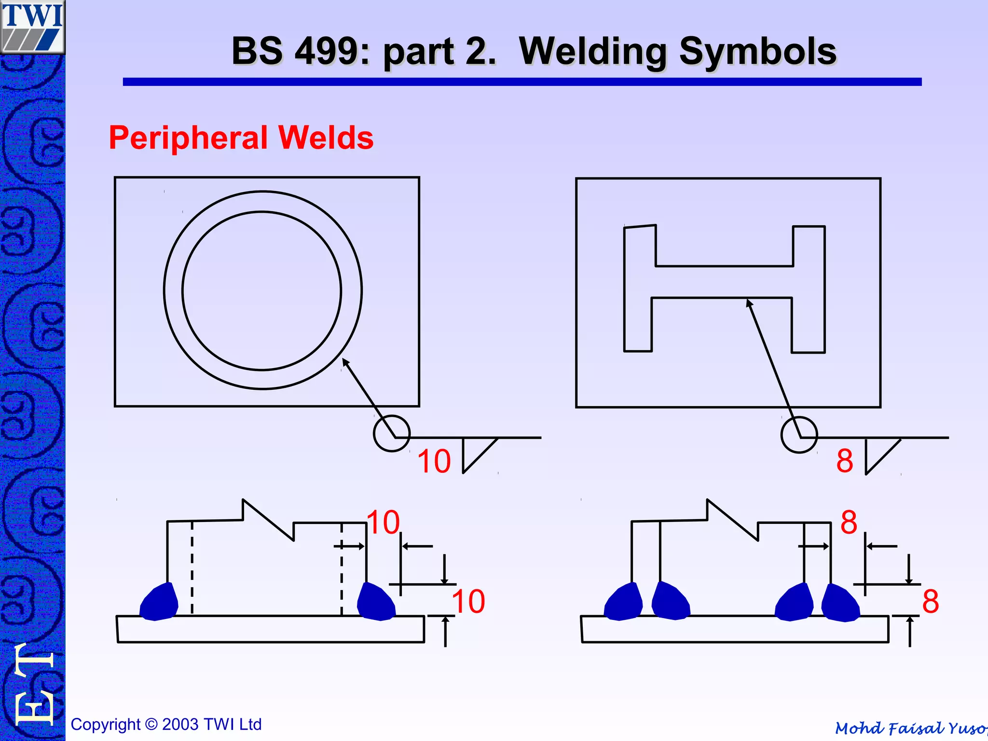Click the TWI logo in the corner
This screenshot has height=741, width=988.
[32, 27]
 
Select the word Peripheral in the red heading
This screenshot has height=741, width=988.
[188, 138]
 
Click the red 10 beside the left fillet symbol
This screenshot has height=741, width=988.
[434, 461]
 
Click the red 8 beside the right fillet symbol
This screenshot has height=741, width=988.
[845, 461]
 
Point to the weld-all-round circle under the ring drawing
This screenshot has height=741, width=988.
[391, 433]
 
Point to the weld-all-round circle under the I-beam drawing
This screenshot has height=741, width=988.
[799, 434]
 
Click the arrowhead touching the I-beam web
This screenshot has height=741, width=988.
[749, 303]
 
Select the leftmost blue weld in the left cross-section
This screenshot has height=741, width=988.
[159, 602]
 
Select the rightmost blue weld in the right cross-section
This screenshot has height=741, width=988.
[840, 603]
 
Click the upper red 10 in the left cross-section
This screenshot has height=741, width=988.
[383, 522]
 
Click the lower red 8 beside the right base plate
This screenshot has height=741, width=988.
[930, 602]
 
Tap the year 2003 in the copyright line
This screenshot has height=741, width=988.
[180, 725]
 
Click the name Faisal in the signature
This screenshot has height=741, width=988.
[915, 727]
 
